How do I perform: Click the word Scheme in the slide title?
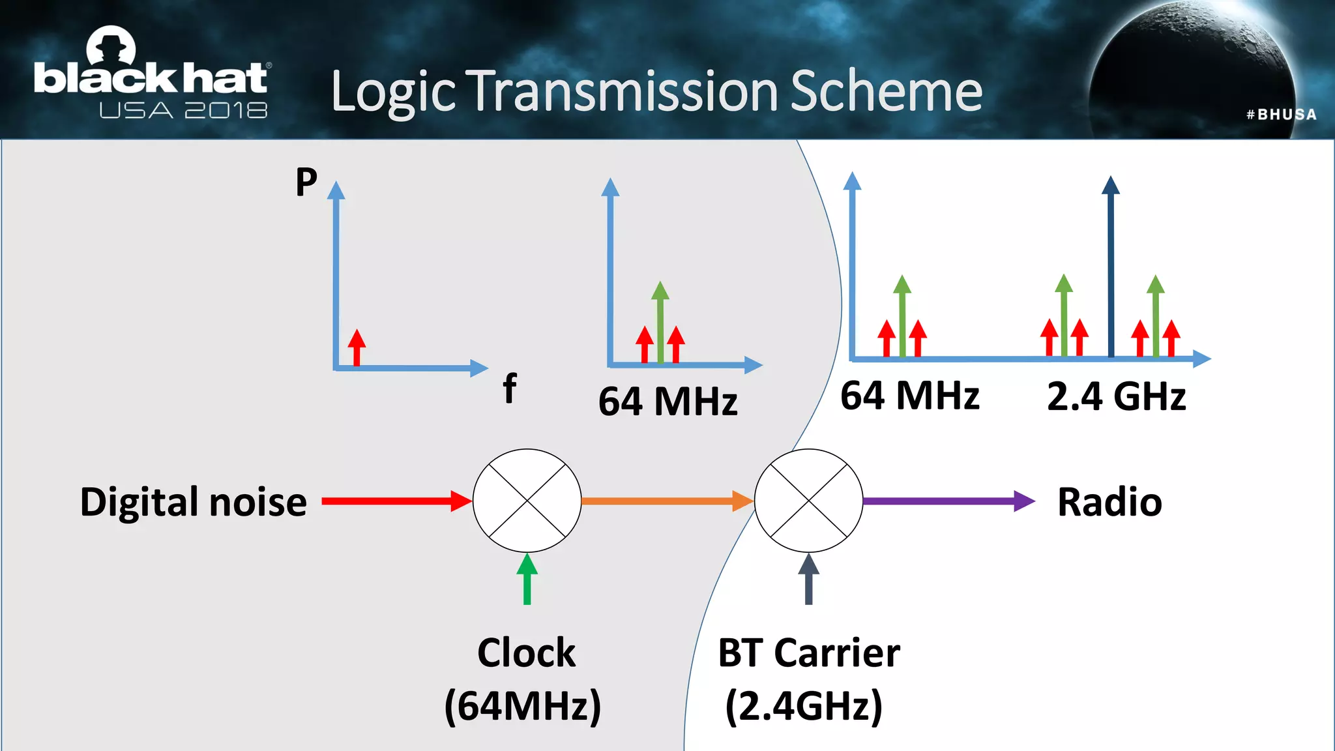pos(886,91)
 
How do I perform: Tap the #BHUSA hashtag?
pos(1281,115)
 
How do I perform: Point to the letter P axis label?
pos(306,182)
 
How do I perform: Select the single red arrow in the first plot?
pos(357,347)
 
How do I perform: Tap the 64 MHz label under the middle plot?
pos(667,401)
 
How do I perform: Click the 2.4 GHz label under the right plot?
pos(1116,396)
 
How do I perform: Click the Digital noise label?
pos(193,502)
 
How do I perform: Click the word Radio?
pos(1109,502)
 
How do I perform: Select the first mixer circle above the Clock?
pos(527,501)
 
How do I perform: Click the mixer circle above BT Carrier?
pos(808,501)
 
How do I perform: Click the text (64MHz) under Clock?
pos(523,705)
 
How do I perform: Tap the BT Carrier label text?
pos(808,653)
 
